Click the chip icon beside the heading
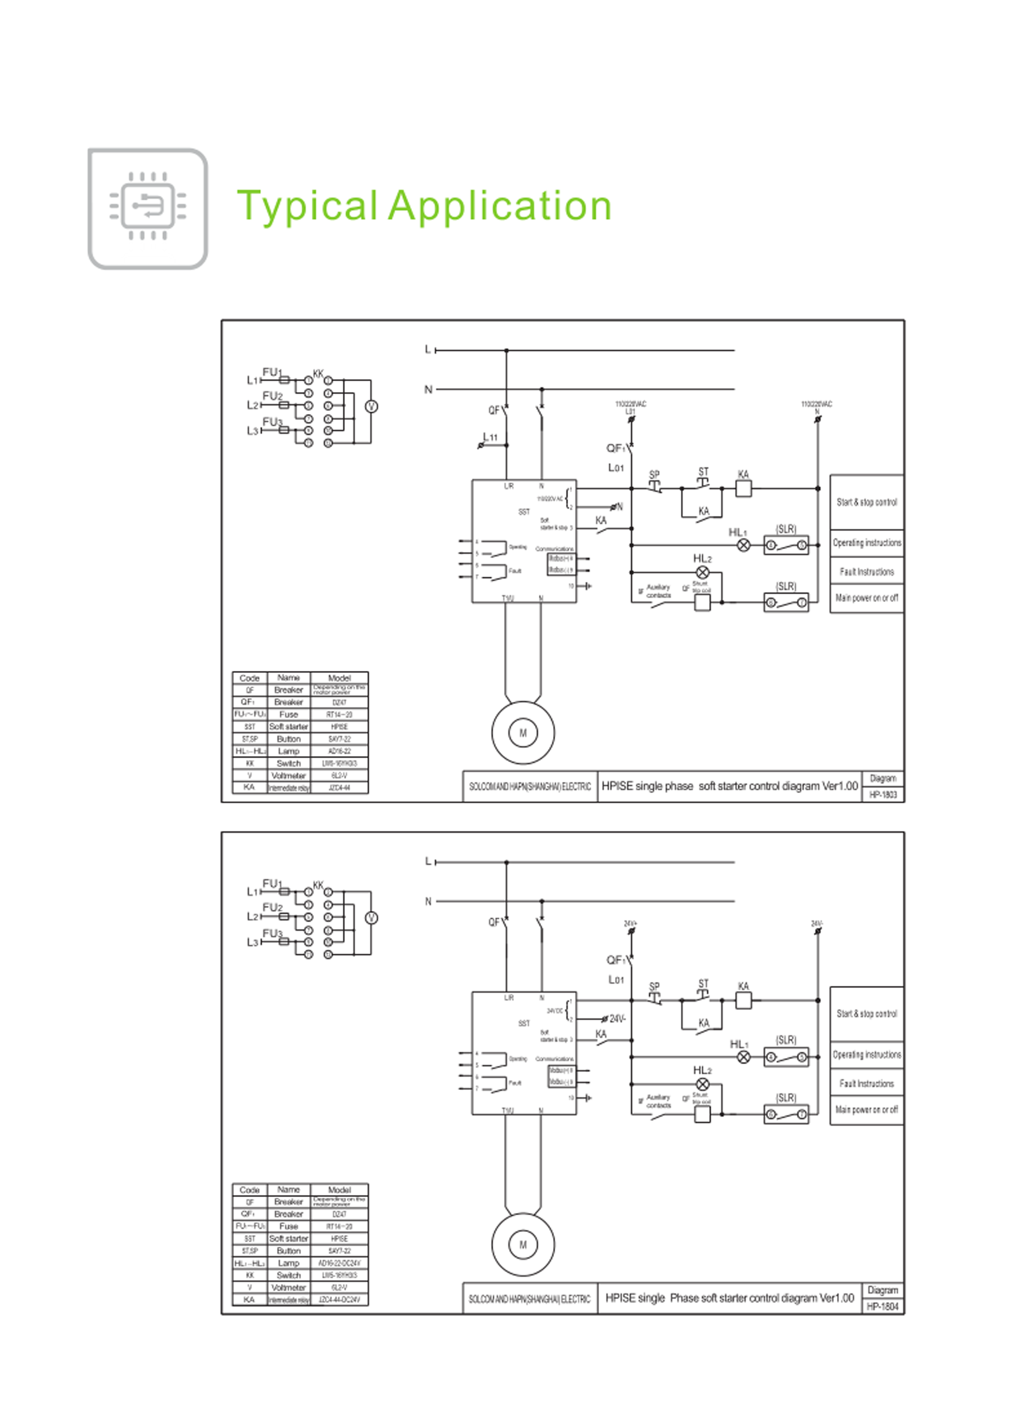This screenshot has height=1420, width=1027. (148, 208)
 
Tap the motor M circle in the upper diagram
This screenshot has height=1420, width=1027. (523, 733)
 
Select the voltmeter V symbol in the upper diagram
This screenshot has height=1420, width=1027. (371, 406)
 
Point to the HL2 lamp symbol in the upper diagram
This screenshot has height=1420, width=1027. (703, 572)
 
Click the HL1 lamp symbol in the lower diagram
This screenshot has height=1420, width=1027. (743, 1057)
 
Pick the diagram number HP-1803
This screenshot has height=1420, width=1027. (882, 794)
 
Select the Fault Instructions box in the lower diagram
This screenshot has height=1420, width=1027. (867, 1083)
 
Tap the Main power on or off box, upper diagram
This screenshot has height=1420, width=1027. (867, 598)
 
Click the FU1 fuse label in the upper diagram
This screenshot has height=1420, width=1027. (272, 373)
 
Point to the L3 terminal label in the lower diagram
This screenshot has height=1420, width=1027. (252, 942)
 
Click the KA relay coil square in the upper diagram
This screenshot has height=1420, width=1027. (743, 489)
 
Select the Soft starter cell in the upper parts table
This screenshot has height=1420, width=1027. (289, 727)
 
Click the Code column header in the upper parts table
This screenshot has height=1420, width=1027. (250, 678)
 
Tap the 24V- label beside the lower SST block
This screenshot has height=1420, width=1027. (617, 1018)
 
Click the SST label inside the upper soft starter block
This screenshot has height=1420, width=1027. (524, 512)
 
